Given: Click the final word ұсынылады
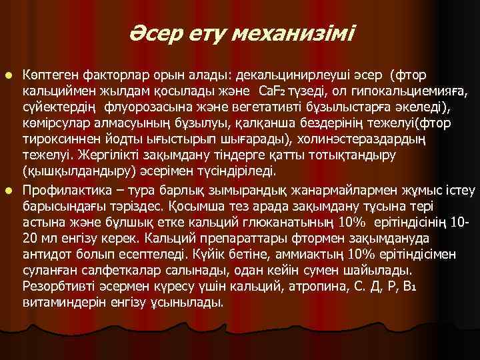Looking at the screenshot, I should [189, 302].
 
